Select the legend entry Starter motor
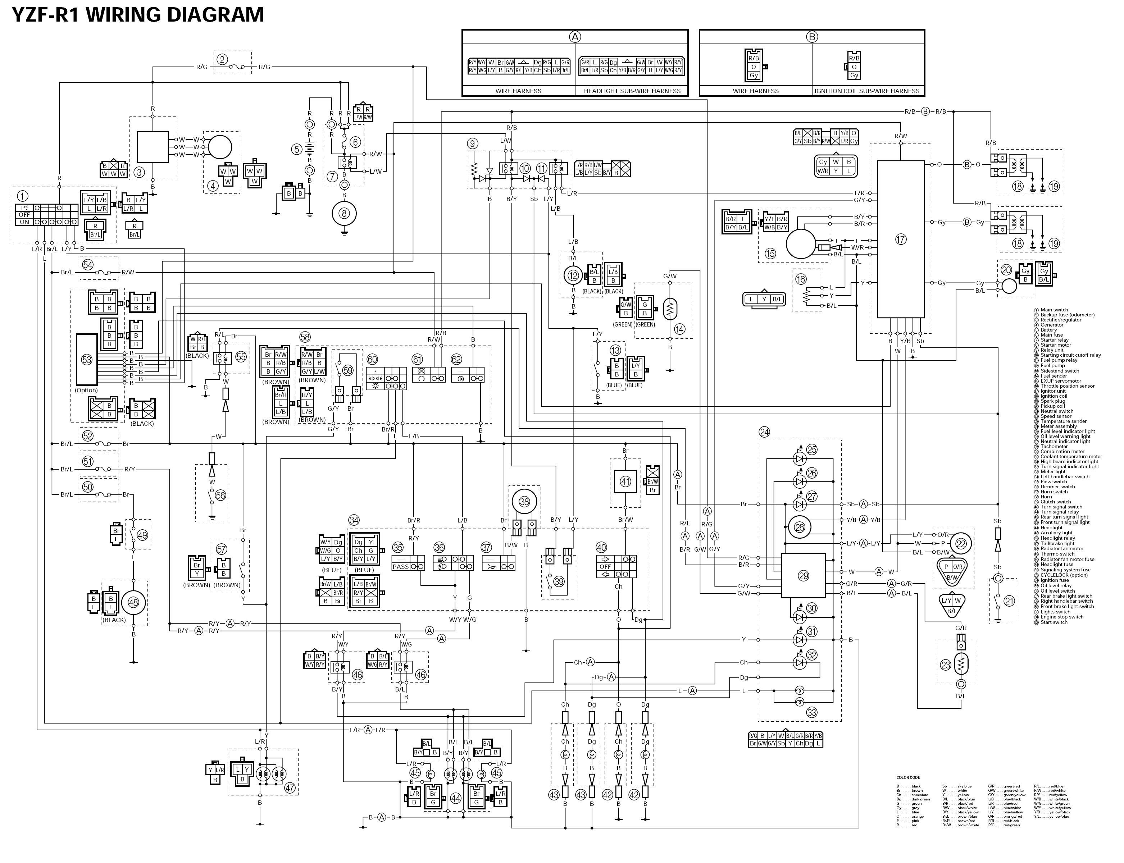click(x=1056, y=345)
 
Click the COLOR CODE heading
click(x=908, y=777)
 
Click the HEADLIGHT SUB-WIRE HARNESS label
click(x=632, y=91)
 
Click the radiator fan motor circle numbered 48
click(x=133, y=603)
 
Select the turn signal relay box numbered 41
click(x=625, y=482)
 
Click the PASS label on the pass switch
click(x=400, y=567)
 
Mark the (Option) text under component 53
click(x=86, y=390)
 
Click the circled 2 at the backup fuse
click(x=222, y=59)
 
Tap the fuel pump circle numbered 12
click(x=573, y=276)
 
